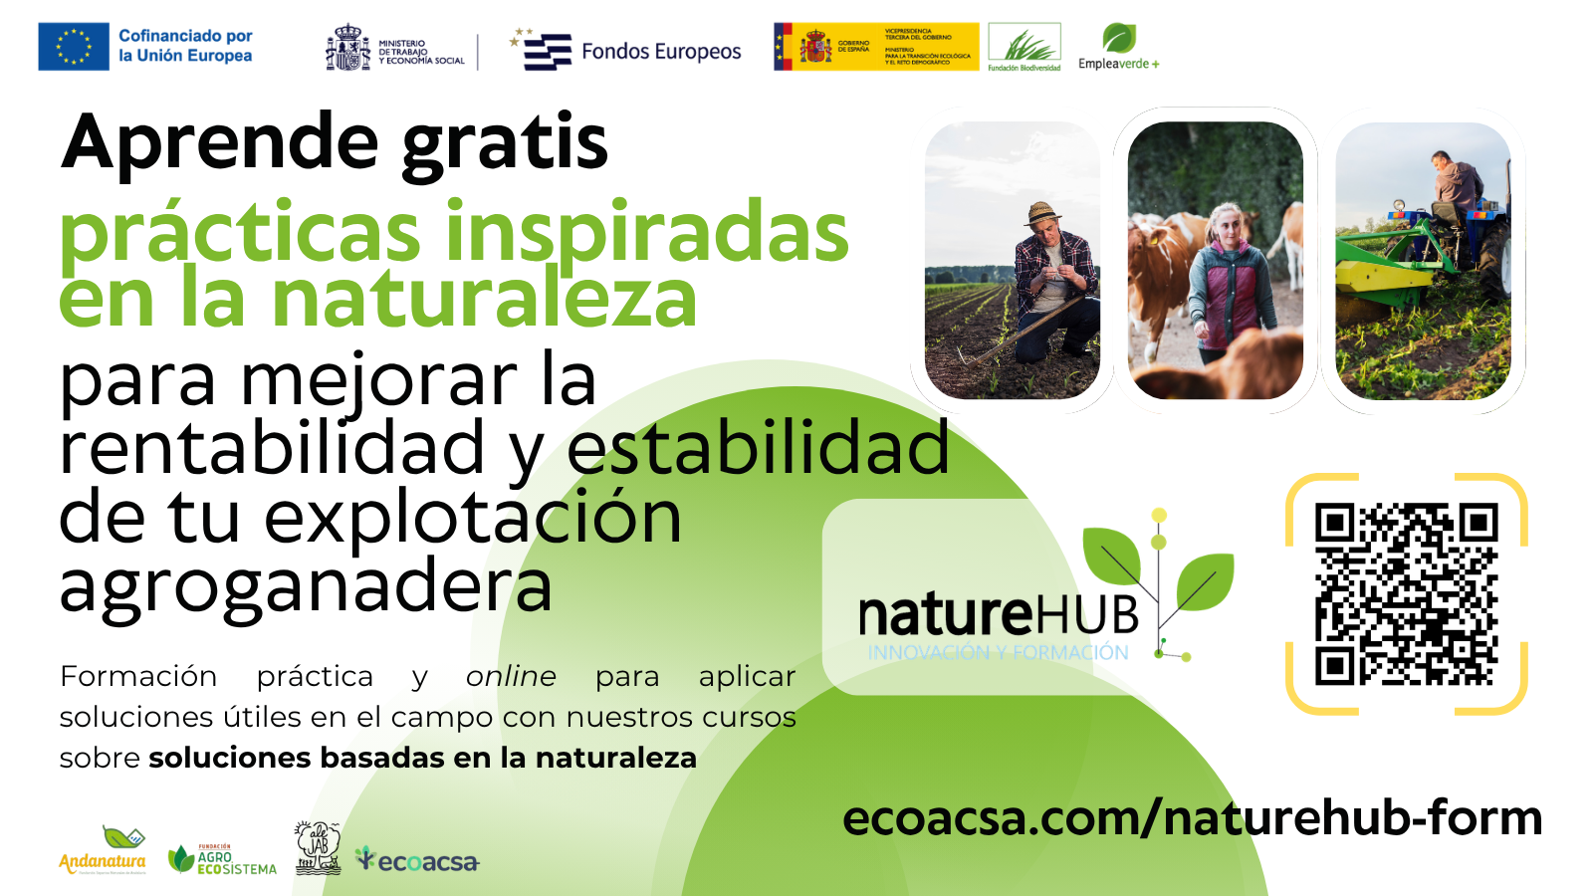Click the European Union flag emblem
[x=74, y=47]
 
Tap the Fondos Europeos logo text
[x=661, y=52]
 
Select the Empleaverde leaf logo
[x=1118, y=39]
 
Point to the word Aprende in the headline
[x=220, y=142]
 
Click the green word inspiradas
[x=647, y=233]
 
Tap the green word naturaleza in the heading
[x=484, y=299]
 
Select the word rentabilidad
[x=272, y=448]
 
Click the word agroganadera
[x=306, y=585]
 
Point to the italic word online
[x=511, y=677]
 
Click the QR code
[x=1406, y=594]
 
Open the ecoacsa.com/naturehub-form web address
[x=1192, y=818]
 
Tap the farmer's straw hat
[x=1041, y=212]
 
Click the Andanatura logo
[x=103, y=852]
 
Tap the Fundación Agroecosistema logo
[x=222, y=859]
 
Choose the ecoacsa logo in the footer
[x=418, y=861]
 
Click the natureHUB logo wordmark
[x=999, y=615]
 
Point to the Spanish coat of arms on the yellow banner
[x=815, y=47]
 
